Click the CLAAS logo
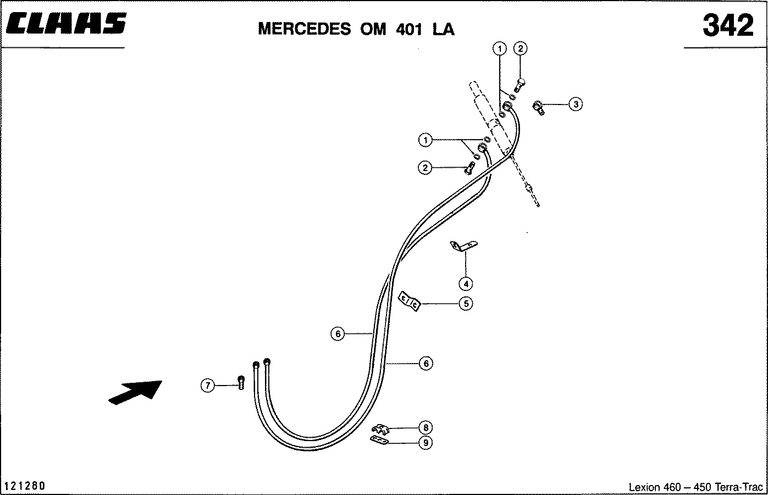[66, 23]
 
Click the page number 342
[728, 25]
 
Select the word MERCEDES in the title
[305, 29]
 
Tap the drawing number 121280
[25, 486]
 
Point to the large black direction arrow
[135, 392]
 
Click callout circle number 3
[576, 104]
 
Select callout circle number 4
[466, 284]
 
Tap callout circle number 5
[466, 304]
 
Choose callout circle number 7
[207, 385]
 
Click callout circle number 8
[426, 427]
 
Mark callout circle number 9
[426, 443]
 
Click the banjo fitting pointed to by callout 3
[538, 108]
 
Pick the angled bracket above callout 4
[463, 246]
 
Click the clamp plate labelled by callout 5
[410, 301]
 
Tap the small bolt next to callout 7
[241, 382]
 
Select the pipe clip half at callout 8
[380, 429]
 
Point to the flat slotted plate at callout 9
[379, 440]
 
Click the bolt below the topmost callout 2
[520, 85]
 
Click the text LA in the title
[443, 29]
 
